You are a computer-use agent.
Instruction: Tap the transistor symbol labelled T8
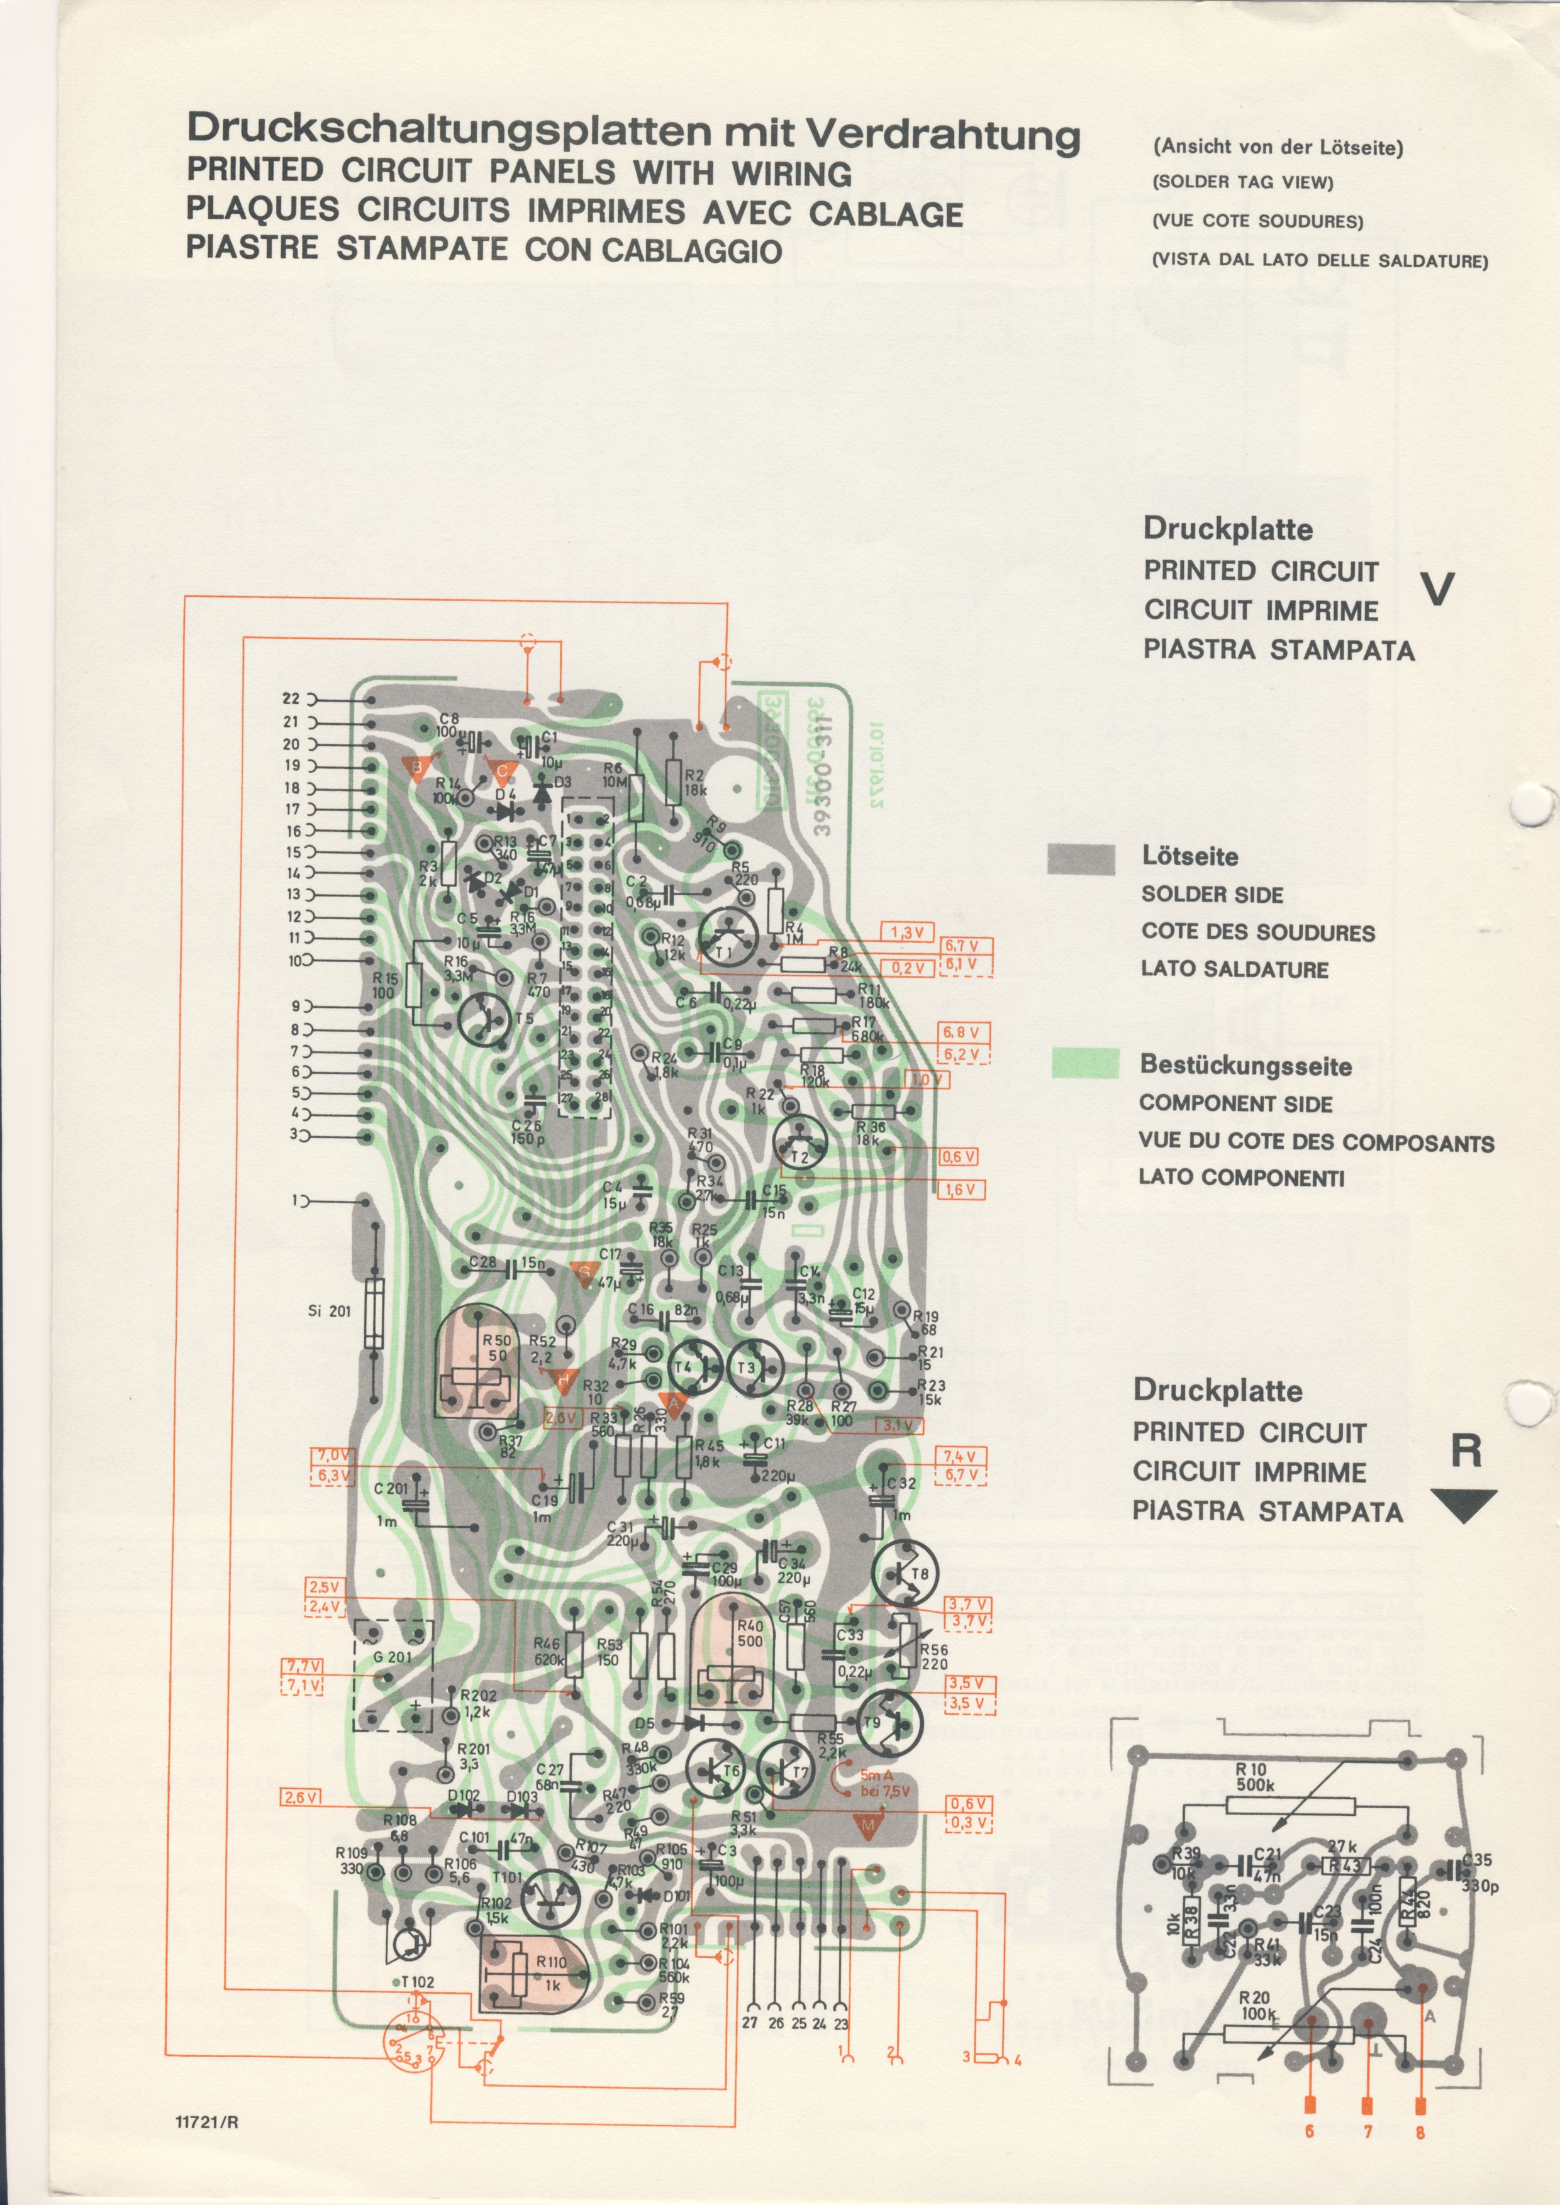pos(905,1573)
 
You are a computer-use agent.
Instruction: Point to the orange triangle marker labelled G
pos(584,1273)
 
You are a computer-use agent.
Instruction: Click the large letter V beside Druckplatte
pos(1437,589)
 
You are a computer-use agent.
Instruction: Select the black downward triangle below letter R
pos(1463,1506)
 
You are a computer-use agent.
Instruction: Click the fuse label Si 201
pos(330,1311)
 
